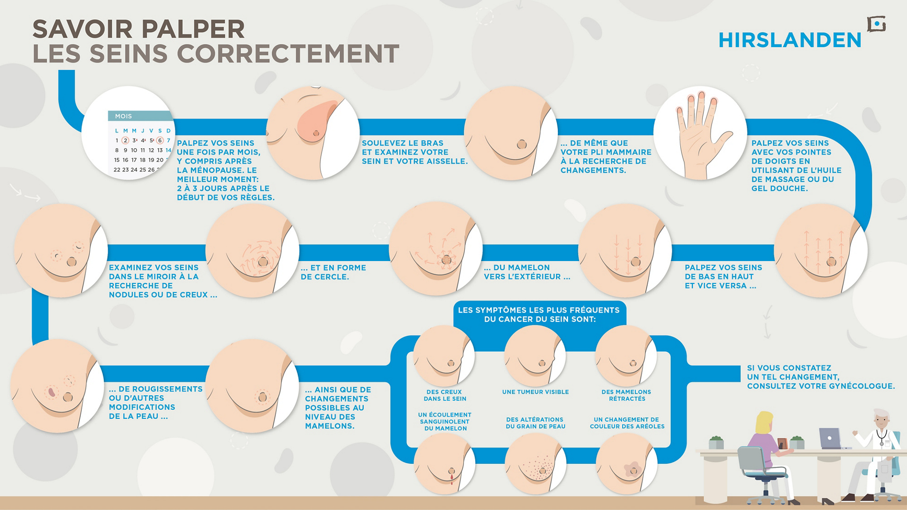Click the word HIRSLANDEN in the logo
pos(790,40)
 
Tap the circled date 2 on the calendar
pos(125,140)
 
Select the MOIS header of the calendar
pos(123,116)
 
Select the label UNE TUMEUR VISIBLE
pos(535,392)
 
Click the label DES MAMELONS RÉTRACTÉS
pos(626,395)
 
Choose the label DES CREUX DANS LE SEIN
pos(445,395)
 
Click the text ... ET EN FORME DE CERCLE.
pos(334,272)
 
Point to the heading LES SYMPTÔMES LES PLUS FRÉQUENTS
pos(539,310)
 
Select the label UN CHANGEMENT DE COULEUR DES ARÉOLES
pos(627,423)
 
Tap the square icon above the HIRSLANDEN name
pos(876,24)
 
